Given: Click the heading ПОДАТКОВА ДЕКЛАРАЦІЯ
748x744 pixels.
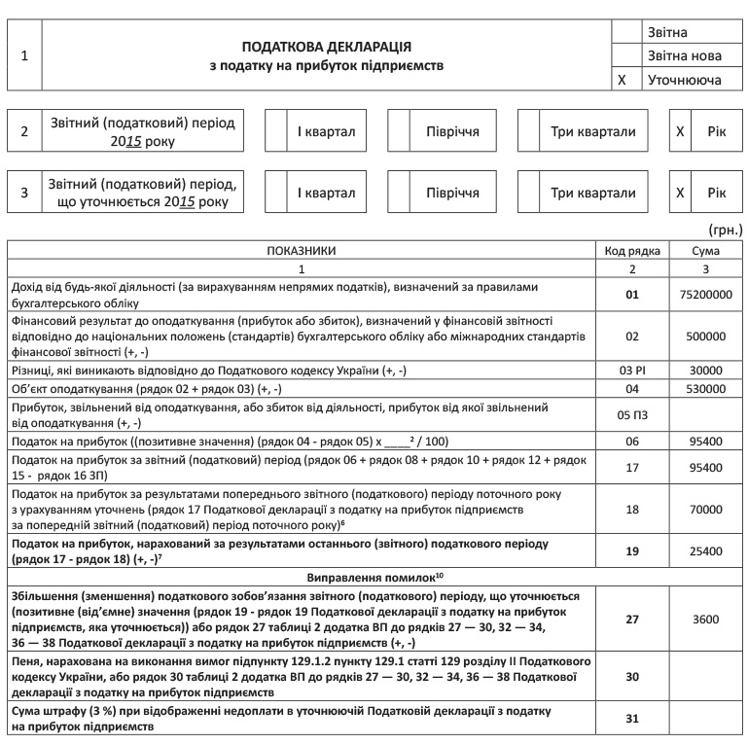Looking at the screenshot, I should (x=327, y=47).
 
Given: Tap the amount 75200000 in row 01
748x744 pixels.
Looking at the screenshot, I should (x=706, y=295).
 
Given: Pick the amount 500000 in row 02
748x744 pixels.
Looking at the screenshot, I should (x=706, y=336).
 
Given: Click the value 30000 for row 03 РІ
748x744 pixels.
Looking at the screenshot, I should (x=706, y=371).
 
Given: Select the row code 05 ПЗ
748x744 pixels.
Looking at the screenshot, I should (x=632, y=415).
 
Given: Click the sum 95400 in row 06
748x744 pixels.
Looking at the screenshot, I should (x=706, y=441).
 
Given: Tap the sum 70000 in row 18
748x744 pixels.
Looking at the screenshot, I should (x=706, y=508).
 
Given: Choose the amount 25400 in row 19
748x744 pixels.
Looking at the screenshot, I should (x=706, y=551).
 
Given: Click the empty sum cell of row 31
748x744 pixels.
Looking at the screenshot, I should (x=706, y=720).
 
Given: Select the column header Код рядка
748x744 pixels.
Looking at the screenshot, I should (x=632, y=250).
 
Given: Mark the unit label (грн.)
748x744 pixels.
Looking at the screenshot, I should (x=726, y=230).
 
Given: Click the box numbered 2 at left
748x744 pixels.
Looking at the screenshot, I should (x=25, y=131).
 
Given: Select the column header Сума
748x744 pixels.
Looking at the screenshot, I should (x=706, y=250).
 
